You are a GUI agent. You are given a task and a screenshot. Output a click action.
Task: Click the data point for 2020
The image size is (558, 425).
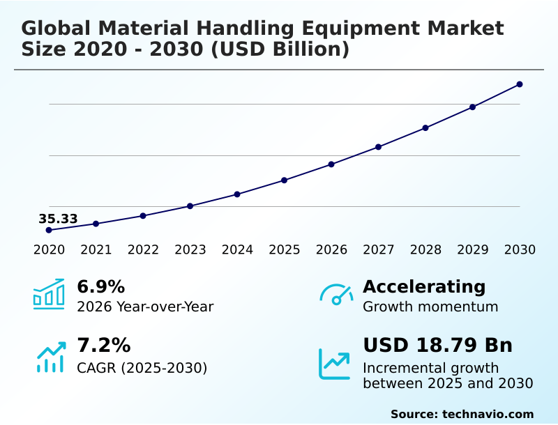(49, 230)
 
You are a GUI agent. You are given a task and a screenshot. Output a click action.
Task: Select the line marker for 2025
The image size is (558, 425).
(285, 180)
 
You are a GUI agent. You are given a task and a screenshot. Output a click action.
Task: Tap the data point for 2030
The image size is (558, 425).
(520, 84)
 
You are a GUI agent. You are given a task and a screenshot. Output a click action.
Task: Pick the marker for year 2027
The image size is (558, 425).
(379, 147)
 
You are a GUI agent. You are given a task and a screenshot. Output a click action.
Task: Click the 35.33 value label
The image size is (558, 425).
(58, 219)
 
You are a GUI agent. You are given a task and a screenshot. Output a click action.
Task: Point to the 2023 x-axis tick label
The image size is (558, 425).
(190, 250)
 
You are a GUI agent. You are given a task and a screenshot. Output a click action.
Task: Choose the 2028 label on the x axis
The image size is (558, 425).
(425, 250)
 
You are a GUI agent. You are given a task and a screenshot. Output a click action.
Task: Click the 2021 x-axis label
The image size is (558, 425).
(96, 250)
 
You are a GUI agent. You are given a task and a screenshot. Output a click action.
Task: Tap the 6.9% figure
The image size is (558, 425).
(100, 286)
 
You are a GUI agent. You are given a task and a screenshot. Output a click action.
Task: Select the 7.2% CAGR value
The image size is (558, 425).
(103, 346)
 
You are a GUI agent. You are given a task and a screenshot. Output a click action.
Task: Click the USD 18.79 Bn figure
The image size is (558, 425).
(437, 346)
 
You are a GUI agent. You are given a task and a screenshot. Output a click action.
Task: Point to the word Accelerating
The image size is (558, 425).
(424, 286)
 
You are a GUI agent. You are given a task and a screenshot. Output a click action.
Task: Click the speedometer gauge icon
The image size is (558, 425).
(336, 294)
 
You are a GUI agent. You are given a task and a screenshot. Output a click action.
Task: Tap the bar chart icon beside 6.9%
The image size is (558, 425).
(49, 294)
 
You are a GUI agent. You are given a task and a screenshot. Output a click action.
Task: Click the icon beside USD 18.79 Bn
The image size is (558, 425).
(335, 363)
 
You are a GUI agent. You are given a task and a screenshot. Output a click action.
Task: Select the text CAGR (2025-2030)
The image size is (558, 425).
(142, 368)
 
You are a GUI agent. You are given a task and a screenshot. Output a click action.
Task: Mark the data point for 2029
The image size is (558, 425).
(472, 107)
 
